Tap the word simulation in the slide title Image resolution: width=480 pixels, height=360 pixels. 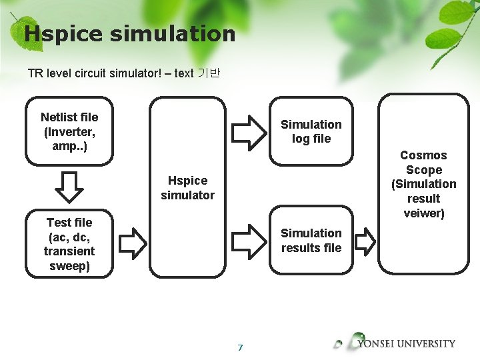(173, 34)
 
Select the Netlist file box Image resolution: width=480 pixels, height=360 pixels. (69, 131)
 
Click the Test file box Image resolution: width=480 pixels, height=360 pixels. (69, 244)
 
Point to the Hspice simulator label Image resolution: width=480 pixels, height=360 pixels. (188, 187)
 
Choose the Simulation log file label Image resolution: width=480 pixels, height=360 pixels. (311, 131)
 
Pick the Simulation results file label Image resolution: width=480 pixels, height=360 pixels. (311, 240)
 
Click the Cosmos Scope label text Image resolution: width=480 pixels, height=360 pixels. (423, 163)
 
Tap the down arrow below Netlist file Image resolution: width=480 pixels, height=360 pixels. (69, 187)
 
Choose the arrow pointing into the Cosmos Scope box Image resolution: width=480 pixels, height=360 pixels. (365, 241)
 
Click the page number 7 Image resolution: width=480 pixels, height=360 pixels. (240, 347)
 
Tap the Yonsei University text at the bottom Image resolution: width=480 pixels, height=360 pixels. (406, 344)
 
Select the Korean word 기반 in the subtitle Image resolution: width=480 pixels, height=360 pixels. (209, 73)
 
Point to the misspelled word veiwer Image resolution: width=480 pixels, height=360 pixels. (424, 213)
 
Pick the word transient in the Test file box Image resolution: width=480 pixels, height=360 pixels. (69, 251)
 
